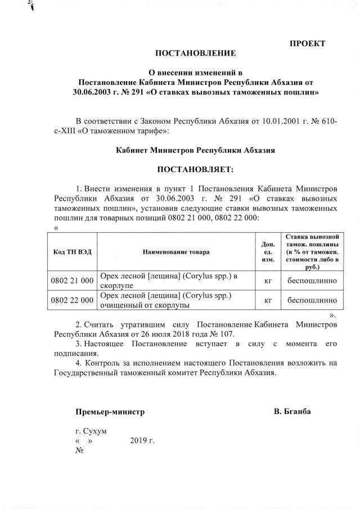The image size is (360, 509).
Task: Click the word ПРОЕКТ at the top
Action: click(308, 43)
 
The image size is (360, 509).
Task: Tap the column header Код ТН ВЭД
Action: click(71, 252)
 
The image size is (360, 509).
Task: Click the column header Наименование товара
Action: click(175, 252)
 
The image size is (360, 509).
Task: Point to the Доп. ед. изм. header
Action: click(268, 252)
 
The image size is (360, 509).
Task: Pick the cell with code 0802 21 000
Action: click(71, 280)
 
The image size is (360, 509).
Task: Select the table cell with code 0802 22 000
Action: click(71, 300)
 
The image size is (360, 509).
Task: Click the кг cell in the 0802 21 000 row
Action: click(268, 280)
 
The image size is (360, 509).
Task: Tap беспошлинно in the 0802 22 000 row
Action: click(312, 300)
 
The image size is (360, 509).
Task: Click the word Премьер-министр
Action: click(110, 412)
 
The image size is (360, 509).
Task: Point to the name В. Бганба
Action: click(292, 412)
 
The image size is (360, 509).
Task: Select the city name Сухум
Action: click(94, 431)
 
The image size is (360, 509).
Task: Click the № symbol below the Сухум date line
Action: click(79, 451)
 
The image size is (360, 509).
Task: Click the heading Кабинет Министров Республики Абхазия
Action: click(195, 150)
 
